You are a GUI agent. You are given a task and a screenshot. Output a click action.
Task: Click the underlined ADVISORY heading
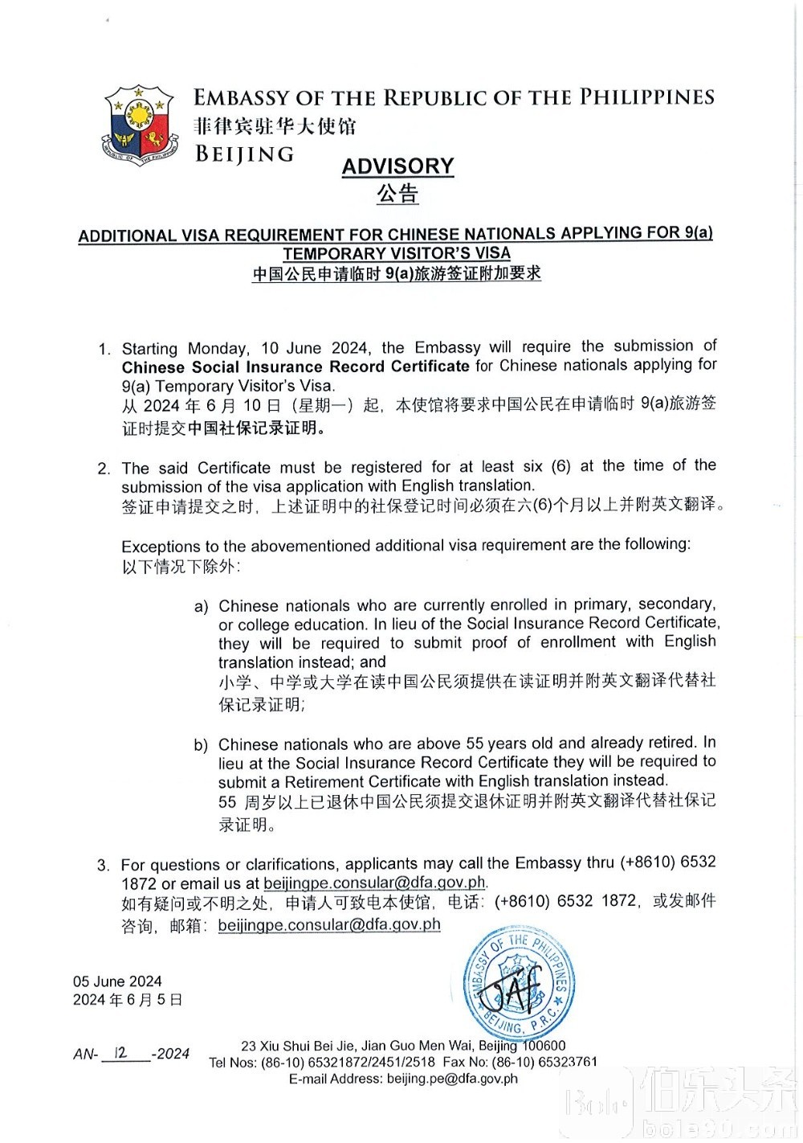[398, 166]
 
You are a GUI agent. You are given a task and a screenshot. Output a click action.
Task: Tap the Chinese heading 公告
[397, 194]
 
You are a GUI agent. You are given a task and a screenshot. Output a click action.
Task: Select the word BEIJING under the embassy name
[245, 154]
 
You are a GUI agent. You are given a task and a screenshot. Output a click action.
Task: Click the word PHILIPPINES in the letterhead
[647, 97]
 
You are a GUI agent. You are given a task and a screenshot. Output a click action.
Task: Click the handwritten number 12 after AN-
[121, 1052]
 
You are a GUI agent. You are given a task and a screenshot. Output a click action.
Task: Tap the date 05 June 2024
[117, 981]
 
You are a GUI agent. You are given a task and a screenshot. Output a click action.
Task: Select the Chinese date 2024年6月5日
[128, 1000]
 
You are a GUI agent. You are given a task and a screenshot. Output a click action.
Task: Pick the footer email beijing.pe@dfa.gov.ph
[452, 1079]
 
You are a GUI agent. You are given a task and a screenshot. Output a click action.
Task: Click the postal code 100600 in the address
[544, 1046]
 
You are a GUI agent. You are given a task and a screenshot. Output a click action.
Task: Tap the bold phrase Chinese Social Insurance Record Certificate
[296, 367]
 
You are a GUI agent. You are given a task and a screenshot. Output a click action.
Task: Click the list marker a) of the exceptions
[201, 606]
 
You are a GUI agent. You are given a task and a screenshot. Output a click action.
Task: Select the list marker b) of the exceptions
[201, 745]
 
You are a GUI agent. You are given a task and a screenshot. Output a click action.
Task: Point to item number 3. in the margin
[104, 866]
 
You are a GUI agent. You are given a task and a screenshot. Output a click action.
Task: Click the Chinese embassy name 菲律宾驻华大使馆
[275, 126]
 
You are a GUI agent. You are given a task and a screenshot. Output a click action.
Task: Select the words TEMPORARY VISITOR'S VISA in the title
[397, 253]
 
